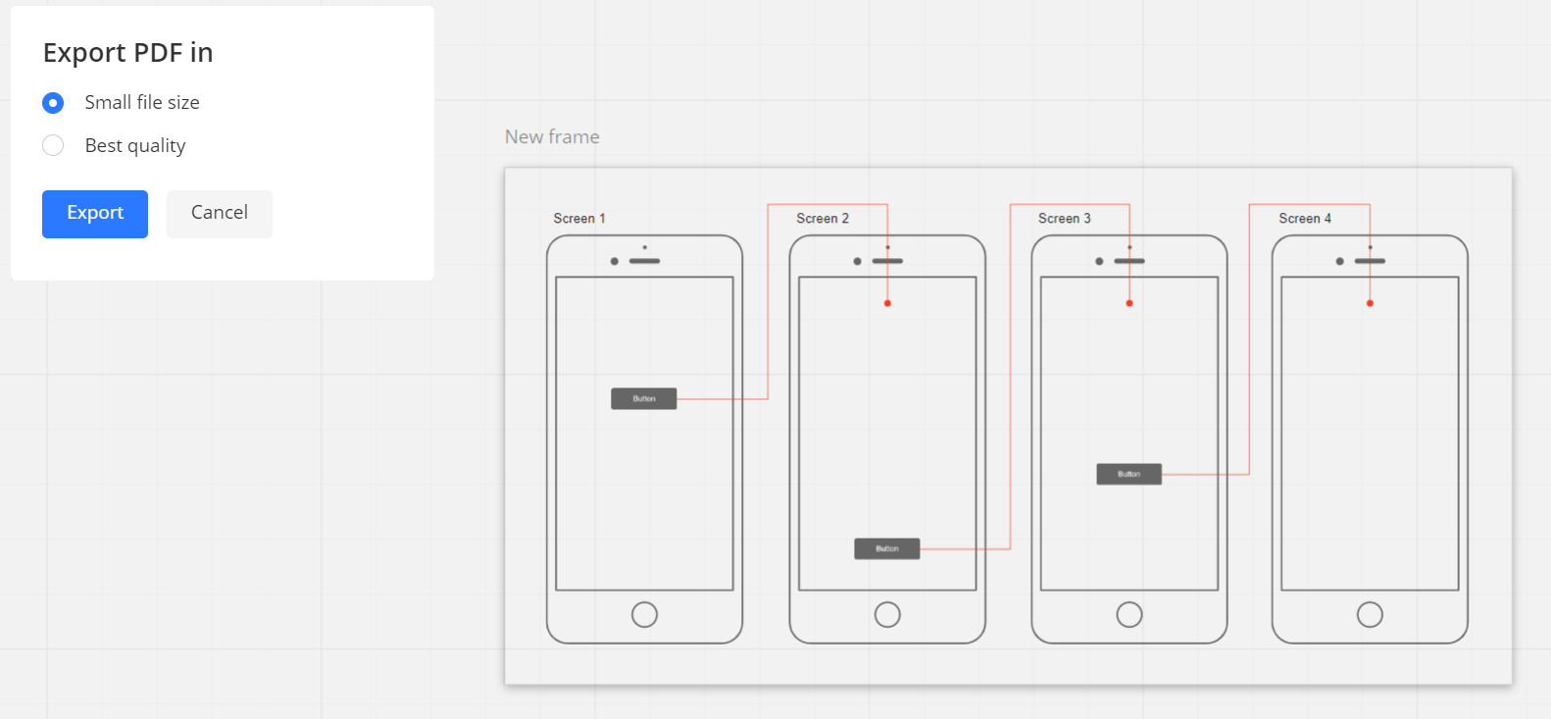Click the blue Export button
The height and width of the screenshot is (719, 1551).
coord(95,214)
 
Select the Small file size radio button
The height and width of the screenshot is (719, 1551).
coord(53,103)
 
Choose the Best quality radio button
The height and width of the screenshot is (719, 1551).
coord(53,145)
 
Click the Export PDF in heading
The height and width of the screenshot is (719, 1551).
coord(128,53)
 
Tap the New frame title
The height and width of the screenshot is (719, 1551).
coord(552,136)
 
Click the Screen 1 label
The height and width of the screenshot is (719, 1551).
coord(578,218)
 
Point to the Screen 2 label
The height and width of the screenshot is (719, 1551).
coord(822,218)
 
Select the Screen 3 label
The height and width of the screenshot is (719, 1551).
coord(1065,218)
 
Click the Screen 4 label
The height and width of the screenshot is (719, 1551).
coord(1305,218)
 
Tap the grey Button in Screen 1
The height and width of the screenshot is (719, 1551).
coord(644,398)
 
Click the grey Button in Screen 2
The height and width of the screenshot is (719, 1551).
coord(887,548)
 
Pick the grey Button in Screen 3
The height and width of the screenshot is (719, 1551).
coord(1129,474)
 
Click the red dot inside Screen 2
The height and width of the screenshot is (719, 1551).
coord(887,303)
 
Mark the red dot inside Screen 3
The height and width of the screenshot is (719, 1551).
coord(1129,303)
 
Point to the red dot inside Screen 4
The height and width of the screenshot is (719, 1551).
coord(1370,303)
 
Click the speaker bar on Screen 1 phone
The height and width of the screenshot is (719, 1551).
coord(645,261)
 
